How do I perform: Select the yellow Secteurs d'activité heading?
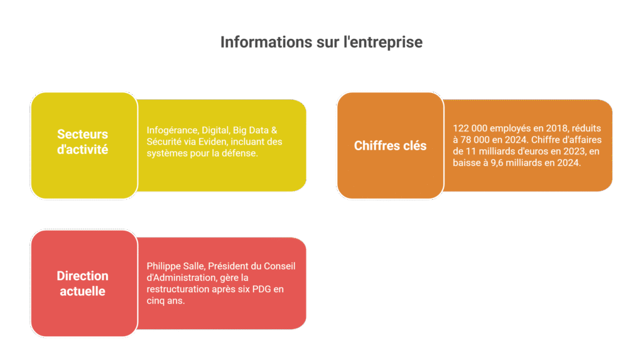(x=83, y=142)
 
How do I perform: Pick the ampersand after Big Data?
(x=274, y=129)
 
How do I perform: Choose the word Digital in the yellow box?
(x=215, y=129)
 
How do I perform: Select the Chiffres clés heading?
(x=390, y=146)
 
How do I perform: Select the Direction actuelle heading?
(x=83, y=283)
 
